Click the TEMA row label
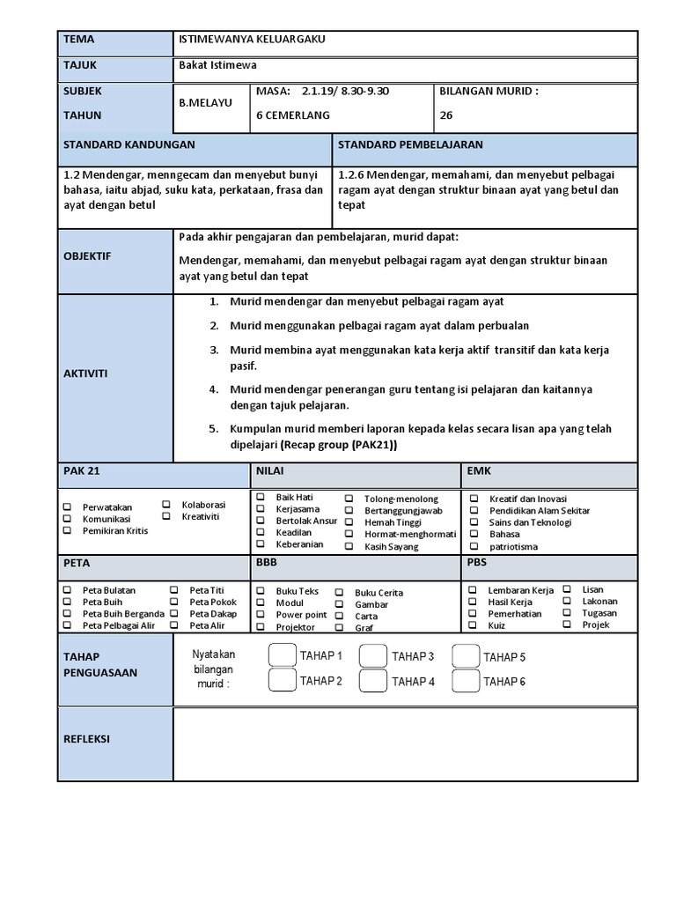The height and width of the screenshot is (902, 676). pos(78,40)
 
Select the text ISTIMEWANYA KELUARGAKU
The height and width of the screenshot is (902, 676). pos(246,40)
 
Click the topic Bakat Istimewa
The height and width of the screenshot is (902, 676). pos(217,65)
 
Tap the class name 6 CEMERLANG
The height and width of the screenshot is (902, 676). pos(292,115)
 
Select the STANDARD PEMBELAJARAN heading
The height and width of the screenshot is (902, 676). pos(410,144)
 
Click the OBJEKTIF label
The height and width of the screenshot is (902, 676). pos(88,256)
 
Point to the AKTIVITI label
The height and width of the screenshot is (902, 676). pos(85,373)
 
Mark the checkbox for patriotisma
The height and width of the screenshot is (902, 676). pos(474,546)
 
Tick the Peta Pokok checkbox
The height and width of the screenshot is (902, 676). pos(174,602)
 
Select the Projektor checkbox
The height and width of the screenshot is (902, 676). pos(260,627)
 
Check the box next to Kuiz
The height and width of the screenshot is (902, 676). pos(474,625)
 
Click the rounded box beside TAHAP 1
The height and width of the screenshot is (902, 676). pos(282,654)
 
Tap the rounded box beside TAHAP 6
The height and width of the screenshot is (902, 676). pos(465,680)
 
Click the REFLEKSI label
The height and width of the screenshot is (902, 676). pos(86,739)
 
